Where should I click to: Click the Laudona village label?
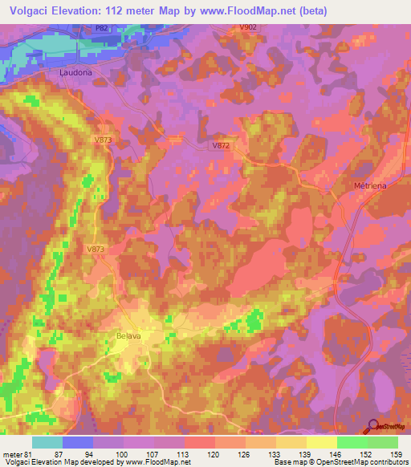point(76,72)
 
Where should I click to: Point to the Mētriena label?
point(371,185)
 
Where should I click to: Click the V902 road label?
point(248,27)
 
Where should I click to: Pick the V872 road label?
point(222,145)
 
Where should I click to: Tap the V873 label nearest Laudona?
point(102,140)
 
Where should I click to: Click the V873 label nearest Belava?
point(96,250)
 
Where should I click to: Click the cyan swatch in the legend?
point(47,442)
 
